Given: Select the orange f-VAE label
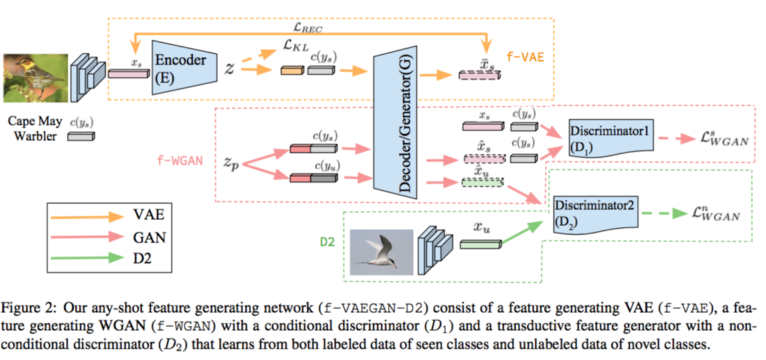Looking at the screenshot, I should pyautogui.click(x=526, y=57).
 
